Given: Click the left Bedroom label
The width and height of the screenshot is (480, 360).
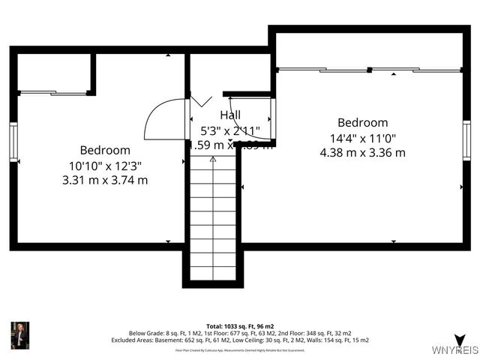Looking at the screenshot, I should click(x=105, y=150).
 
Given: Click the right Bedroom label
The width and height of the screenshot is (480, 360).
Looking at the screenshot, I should click(x=362, y=123).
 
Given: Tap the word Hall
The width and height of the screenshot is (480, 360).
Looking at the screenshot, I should click(x=230, y=115).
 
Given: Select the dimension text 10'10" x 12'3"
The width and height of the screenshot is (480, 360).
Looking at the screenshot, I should click(x=105, y=165).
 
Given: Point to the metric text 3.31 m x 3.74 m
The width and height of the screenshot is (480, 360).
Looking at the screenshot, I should click(x=105, y=180).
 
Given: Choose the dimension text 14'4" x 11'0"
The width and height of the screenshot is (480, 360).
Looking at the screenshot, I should click(x=362, y=138).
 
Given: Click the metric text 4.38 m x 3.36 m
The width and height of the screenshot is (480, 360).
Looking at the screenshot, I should click(x=362, y=152).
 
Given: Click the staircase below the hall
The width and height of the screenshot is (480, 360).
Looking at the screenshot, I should click(x=213, y=217).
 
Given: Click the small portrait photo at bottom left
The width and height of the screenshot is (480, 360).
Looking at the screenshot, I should click(x=19, y=335).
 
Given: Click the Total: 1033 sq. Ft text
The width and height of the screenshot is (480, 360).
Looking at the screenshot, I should click(x=239, y=326).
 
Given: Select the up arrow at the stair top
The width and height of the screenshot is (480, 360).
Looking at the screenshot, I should click(x=213, y=159).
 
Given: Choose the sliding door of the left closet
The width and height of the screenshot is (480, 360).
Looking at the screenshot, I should click(x=52, y=93).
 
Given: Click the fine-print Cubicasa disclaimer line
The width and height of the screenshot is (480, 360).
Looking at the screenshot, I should click(x=239, y=349).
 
